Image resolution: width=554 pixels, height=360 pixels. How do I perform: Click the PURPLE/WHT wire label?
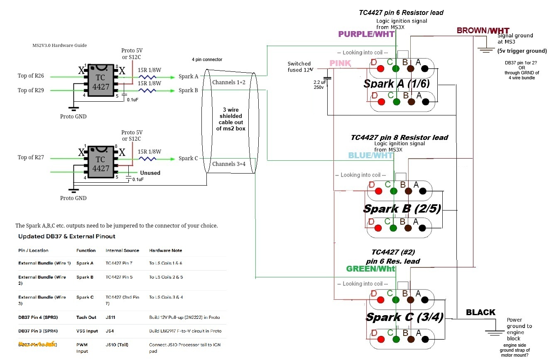pyautogui.click(x=367, y=34)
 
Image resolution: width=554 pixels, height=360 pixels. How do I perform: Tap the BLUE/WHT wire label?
pyautogui.click(x=370, y=155)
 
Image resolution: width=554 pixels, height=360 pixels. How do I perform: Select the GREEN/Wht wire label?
pyautogui.click(x=370, y=269)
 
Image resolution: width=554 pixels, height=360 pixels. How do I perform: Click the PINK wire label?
pyautogui.click(x=340, y=64)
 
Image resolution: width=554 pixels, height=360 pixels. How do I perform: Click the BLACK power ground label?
pyautogui.click(x=480, y=312)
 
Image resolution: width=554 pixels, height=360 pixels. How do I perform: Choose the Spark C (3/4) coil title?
pyautogui.click(x=404, y=317)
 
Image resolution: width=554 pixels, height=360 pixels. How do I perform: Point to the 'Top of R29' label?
pyautogui.click(x=31, y=90)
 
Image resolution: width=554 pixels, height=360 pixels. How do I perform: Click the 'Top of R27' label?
pyautogui.click(x=31, y=157)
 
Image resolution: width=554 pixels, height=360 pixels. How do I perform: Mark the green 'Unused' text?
pyautogui.click(x=150, y=173)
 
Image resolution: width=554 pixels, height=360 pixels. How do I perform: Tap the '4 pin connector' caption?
pyautogui.click(x=207, y=59)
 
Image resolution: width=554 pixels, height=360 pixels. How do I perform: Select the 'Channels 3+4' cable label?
pyautogui.click(x=229, y=164)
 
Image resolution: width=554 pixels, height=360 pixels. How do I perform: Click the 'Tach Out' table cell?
pyautogui.click(x=86, y=317)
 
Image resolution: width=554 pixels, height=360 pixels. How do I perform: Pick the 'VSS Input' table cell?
pyautogui.click(x=87, y=331)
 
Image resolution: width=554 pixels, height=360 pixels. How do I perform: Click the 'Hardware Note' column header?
pyautogui.click(x=165, y=250)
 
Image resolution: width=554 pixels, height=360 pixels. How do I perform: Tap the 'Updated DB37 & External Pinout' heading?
pyautogui.click(x=66, y=236)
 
